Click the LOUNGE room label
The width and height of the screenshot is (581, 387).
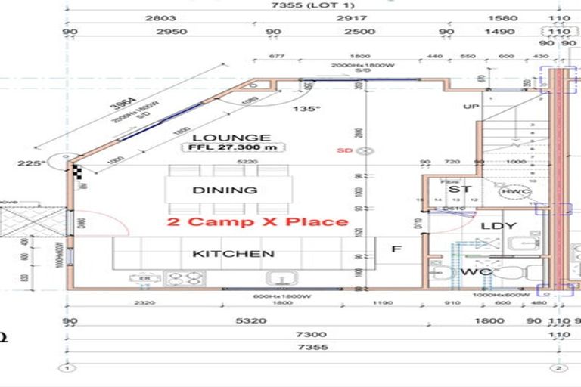221,138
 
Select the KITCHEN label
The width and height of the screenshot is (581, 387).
233,253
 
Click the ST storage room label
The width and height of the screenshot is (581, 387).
465,189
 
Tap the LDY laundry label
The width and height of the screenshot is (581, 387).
499,225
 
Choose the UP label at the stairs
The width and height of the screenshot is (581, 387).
471,107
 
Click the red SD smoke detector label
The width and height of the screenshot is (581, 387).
345,150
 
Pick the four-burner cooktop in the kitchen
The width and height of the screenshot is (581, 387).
180,278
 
